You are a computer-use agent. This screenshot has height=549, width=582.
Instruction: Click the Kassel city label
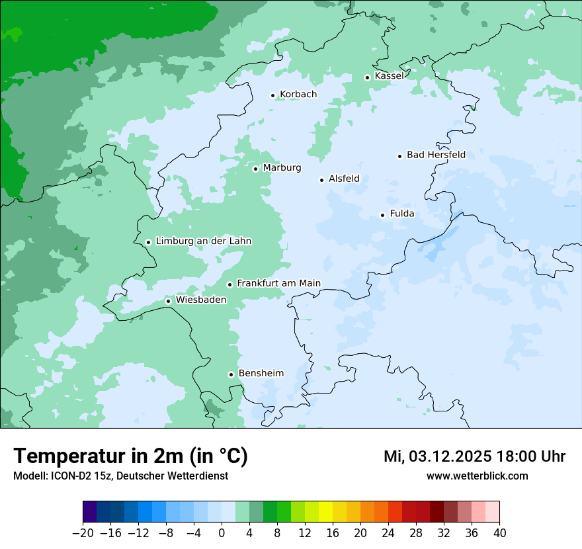click(389, 76)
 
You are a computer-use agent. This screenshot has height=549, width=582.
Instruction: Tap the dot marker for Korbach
click(272, 95)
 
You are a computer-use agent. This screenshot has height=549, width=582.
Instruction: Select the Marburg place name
click(282, 168)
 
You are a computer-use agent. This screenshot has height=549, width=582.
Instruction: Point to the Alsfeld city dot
click(322, 180)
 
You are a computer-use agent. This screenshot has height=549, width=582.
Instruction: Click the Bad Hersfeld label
click(436, 155)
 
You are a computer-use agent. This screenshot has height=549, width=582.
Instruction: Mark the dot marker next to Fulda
click(382, 215)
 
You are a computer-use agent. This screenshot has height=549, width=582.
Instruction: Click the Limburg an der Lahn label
click(203, 241)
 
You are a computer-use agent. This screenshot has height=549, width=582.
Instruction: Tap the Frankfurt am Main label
click(278, 283)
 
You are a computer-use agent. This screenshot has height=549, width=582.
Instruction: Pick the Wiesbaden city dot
click(169, 301)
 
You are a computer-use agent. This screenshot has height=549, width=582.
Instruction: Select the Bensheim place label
click(261, 373)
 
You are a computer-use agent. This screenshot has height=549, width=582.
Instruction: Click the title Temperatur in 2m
click(130, 456)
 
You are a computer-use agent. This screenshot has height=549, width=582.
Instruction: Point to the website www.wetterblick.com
click(477, 476)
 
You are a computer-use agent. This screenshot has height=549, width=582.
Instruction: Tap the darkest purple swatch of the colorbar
click(90, 512)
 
